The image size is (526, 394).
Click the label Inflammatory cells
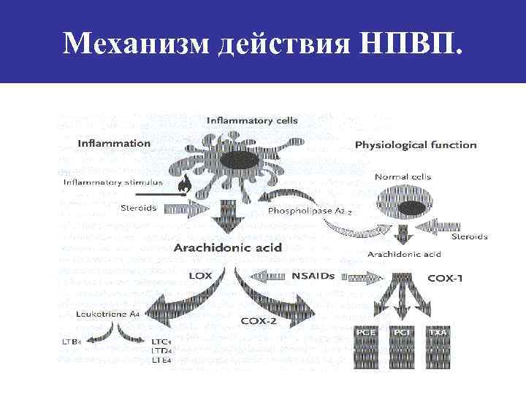coord(252,120)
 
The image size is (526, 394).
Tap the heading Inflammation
coord(114,143)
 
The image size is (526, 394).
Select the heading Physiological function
coord(415,144)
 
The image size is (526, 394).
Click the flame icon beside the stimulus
coord(184,184)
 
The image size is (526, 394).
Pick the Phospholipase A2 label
coord(310,211)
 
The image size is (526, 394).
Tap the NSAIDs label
coord(313,276)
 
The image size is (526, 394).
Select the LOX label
coord(200,277)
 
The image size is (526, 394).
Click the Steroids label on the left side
coord(138,208)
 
